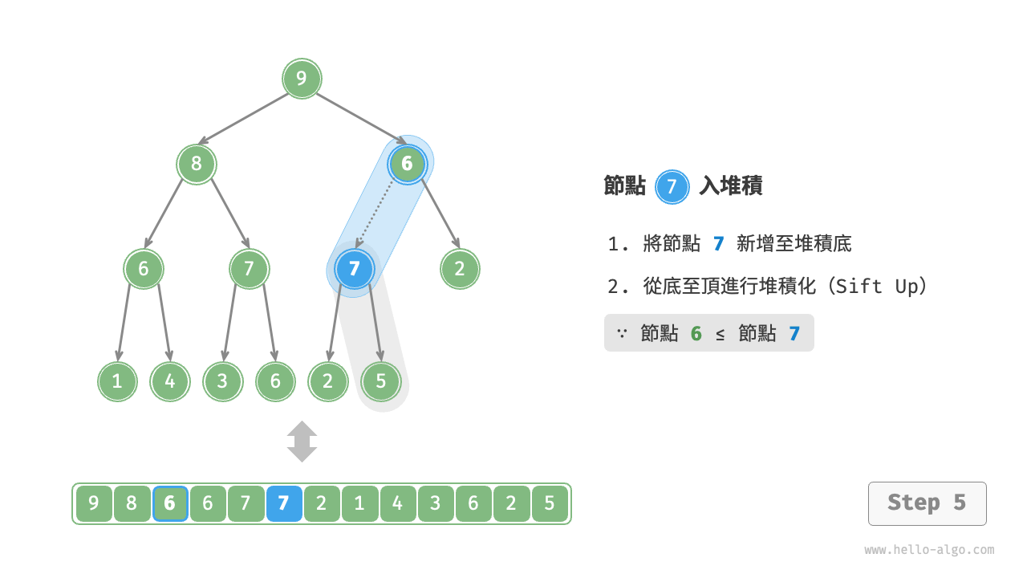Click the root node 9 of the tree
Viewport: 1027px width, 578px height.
[x=302, y=79]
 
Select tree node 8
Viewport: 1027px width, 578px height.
[x=197, y=165]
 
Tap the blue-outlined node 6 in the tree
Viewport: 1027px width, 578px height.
[x=407, y=165]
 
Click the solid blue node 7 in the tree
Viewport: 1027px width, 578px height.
[x=355, y=269]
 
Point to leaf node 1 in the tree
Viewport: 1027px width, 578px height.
[x=117, y=381]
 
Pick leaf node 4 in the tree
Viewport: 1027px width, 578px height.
[x=170, y=381]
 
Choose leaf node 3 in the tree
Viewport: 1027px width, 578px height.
[x=222, y=381]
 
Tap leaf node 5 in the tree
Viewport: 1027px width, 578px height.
[x=380, y=381]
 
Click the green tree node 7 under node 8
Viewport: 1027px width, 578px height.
[x=249, y=269]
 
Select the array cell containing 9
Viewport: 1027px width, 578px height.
[x=94, y=504]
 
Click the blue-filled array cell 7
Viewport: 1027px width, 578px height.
[x=283, y=504]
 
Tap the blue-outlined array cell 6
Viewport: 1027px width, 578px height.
[x=170, y=504]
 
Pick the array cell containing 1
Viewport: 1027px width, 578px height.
[x=359, y=504]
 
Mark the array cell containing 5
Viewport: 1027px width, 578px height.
[x=550, y=504]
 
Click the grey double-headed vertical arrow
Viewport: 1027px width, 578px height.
[x=302, y=442]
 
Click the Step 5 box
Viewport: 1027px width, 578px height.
[x=927, y=503]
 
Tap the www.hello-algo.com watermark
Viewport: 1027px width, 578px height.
[x=929, y=550]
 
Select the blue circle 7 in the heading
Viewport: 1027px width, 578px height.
[x=672, y=187]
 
